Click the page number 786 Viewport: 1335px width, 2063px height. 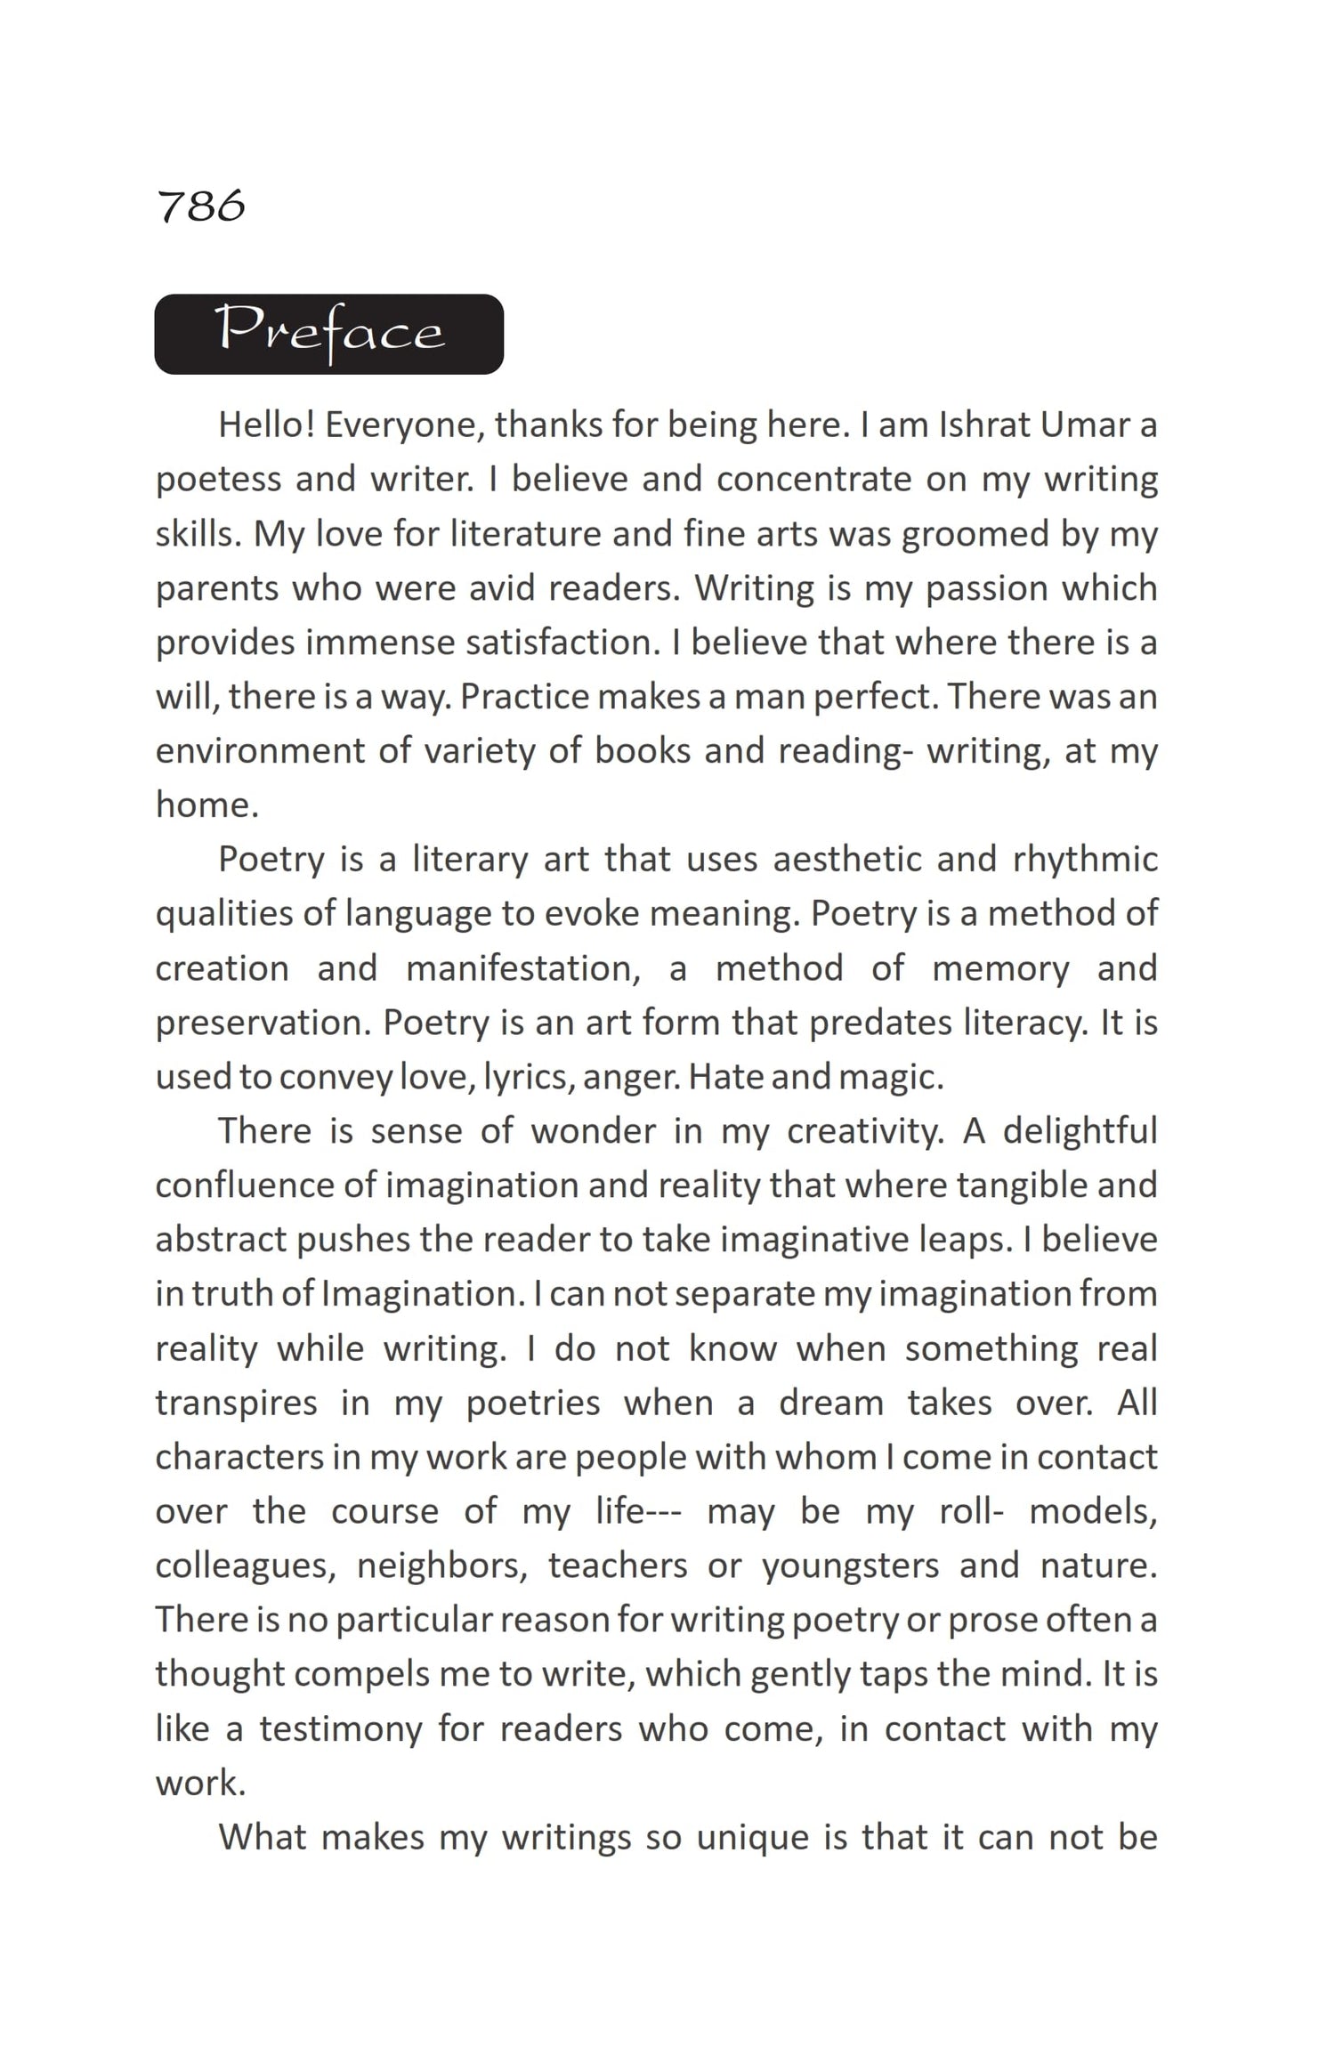pos(200,206)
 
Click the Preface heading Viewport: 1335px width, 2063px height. pos(329,334)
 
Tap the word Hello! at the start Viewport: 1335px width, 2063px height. pos(266,425)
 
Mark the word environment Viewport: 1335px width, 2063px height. pos(261,751)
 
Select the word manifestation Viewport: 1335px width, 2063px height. pos(523,968)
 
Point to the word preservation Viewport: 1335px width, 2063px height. pos(263,1023)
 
